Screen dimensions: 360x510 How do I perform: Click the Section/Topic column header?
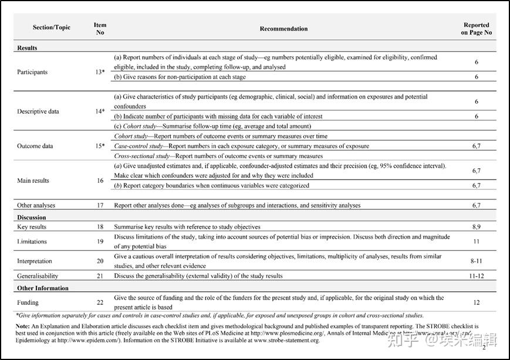[x=52, y=28]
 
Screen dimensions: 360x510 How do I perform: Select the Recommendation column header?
[x=283, y=28]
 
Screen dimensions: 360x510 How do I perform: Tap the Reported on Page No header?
[x=476, y=29]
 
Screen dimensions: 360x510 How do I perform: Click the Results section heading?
[x=28, y=48]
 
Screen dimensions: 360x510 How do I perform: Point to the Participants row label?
[x=32, y=72]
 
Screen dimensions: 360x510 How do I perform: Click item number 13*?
[x=100, y=72]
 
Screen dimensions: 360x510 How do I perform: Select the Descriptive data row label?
[x=38, y=111]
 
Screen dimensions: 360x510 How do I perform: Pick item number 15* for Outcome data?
[x=100, y=146]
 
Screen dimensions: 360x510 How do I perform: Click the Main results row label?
[x=34, y=181]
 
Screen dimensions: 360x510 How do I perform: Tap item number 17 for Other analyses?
[x=100, y=206]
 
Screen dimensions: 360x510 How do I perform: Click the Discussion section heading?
[x=32, y=218]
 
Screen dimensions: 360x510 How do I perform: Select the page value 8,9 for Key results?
[x=476, y=227]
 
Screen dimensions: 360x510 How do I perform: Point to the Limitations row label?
[x=33, y=242]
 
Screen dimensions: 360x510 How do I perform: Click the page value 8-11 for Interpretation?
[x=476, y=261]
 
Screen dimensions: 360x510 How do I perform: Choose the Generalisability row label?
[x=38, y=276]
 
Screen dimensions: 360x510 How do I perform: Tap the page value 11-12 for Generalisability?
[x=476, y=276]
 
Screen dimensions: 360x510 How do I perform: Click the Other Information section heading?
[x=43, y=288]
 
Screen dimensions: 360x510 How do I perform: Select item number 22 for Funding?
[x=100, y=303]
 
